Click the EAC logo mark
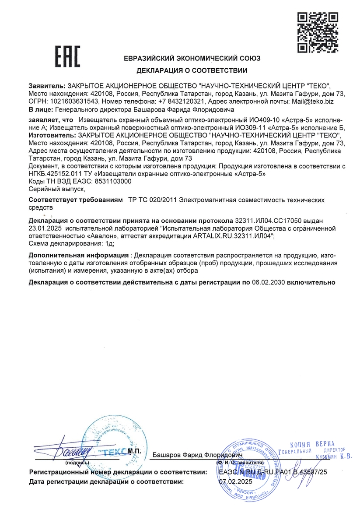[x=67, y=55]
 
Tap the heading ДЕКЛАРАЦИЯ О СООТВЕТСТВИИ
[x=192, y=70]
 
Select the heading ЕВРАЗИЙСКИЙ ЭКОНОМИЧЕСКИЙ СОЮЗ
[x=192, y=58]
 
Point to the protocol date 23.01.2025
[x=46, y=228]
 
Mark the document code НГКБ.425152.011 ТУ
[x=59, y=174]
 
